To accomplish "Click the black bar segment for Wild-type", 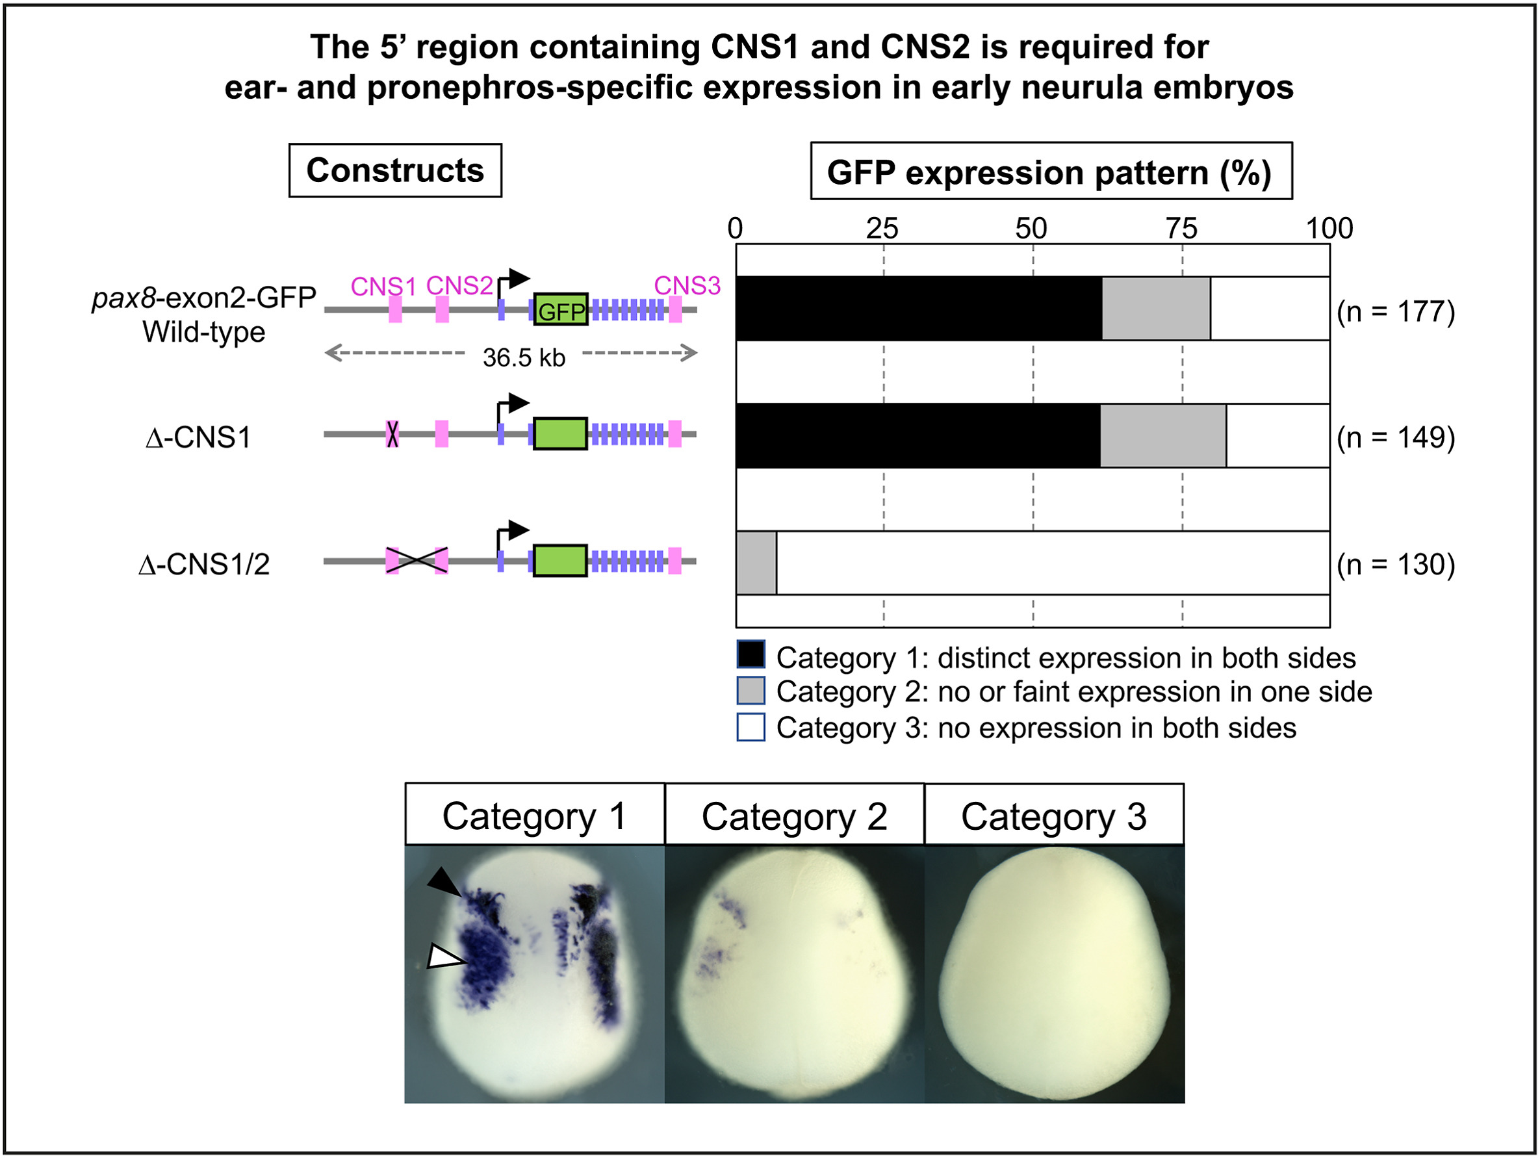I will (x=919, y=309).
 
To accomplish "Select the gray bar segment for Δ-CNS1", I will (x=1162, y=436).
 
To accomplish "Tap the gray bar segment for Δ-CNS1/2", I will (x=756, y=563).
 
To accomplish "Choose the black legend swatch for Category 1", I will (x=751, y=654).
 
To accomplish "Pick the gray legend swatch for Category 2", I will (x=751, y=691).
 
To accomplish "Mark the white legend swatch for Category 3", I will (x=751, y=727).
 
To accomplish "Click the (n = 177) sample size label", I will (x=1395, y=311).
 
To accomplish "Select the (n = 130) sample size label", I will (x=1395, y=564).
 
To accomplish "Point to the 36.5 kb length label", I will (x=524, y=358).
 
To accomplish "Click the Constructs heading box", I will (x=395, y=171).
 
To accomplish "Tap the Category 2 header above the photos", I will (x=794, y=816).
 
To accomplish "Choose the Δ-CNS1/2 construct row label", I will (x=203, y=564).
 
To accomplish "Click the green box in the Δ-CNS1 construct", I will (x=559, y=434).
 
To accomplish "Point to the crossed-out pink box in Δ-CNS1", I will (x=392, y=434).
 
